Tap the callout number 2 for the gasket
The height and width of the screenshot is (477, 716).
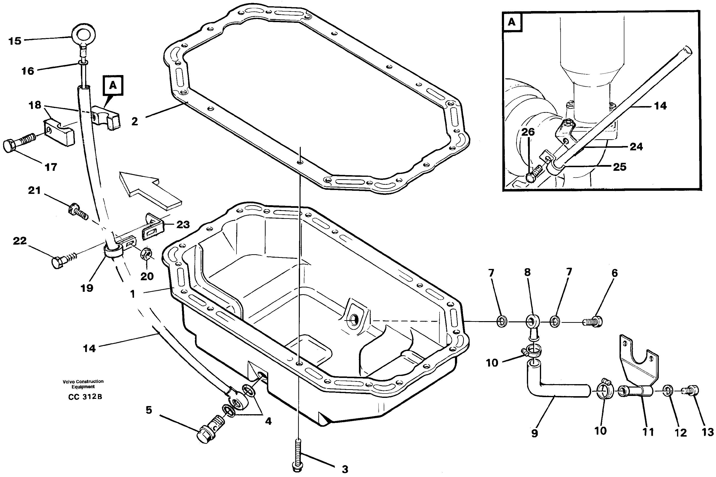point(135,122)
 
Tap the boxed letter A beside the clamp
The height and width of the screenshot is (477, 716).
point(113,85)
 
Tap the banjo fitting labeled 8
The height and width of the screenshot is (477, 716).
point(532,322)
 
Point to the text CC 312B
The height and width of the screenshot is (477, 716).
point(85,397)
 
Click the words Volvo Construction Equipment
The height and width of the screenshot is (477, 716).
point(83,384)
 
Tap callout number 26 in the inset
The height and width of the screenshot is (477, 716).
point(528,132)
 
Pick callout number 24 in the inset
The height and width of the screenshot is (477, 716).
point(636,147)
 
